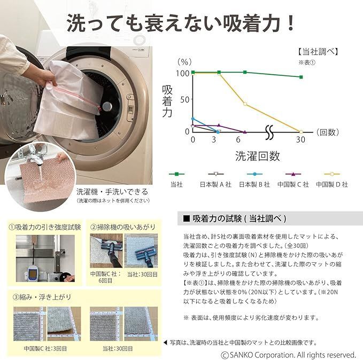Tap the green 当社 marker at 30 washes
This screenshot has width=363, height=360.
[301, 77]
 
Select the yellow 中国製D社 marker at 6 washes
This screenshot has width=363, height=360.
[245, 104]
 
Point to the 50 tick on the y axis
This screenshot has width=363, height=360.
[184, 99]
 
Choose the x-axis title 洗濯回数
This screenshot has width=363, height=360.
[257, 156]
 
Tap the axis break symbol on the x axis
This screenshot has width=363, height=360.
[269, 131]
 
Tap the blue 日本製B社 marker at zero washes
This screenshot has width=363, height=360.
[193, 119]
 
